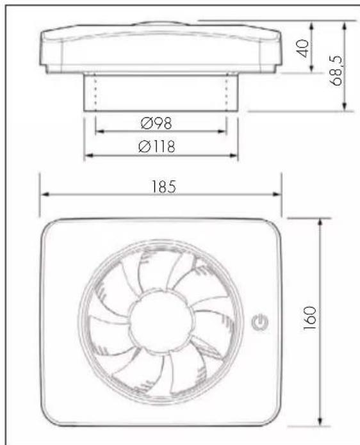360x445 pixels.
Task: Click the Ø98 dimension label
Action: click(x=156, y=123)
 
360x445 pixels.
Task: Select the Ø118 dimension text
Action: click(x=157, y=147)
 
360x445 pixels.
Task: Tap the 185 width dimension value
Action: click(x=164, y=187)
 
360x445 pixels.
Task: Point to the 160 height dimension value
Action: click(x=309, y=318)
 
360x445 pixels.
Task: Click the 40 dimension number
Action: click(x=302, y=49)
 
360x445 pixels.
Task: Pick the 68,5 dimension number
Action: click(x=336, y=70)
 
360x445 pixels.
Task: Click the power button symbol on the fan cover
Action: click(x=260, y=323)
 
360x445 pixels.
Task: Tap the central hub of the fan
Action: click(x=161, y=321)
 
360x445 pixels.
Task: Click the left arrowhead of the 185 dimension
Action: click(x=45, y=195)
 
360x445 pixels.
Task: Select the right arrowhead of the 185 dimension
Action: click(x=277, y=195)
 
